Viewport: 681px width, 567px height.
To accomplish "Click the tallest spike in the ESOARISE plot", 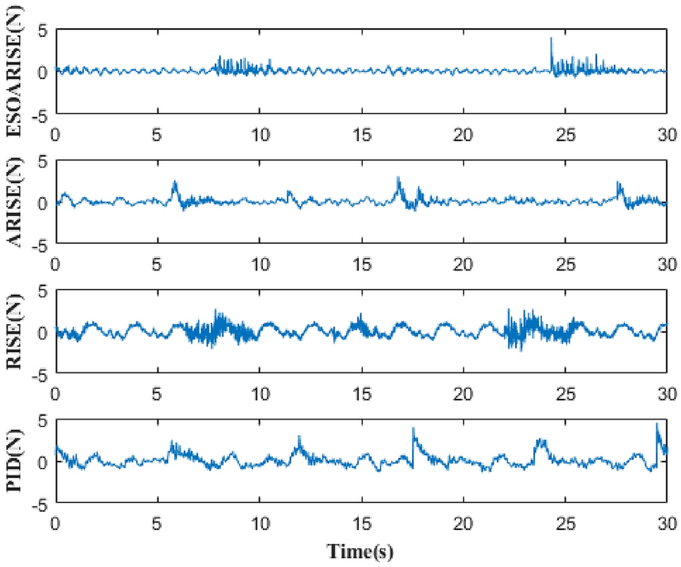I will (551, 38).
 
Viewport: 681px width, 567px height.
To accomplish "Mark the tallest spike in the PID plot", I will (657, 424).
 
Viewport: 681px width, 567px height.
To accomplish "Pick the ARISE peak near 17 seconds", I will (398, 177).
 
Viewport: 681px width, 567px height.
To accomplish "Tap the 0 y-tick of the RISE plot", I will (43, 332).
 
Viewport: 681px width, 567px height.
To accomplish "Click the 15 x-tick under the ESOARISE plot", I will (361, 134).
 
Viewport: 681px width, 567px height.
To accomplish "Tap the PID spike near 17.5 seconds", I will (413, 429).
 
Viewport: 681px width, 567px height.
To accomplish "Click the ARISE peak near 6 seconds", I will (175, 181).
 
